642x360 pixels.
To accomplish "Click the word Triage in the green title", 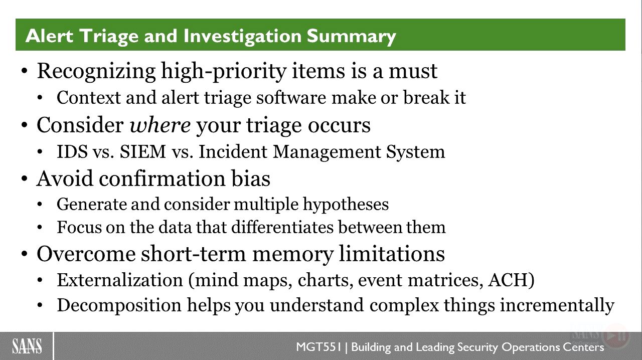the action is (x=109, y=37).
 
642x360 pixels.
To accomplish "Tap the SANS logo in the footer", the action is (x=27, y=346).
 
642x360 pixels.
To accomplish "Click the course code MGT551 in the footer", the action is (x=318, y=347).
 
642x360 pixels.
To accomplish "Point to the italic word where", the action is (x=160, y=125).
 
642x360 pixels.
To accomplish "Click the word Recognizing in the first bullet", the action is (x=96, y=71).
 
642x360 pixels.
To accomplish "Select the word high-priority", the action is (x=224, y=71).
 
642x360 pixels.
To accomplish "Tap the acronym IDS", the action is (x=72, y=151).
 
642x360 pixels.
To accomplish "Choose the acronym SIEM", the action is (x=143, y=151).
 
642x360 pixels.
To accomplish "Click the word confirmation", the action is (x=163, y=178).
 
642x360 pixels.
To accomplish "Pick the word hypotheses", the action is (x=346, y=205).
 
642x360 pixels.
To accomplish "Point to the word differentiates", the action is (x=282, y=227).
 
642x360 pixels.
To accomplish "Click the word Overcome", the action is (x=86, y=254).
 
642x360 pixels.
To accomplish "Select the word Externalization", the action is (x=120, y=280).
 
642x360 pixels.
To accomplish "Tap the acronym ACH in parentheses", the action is (x=511, y=280).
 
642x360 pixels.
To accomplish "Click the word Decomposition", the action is (x=119, y=305).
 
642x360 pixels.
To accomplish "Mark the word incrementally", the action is (x=557, y=305).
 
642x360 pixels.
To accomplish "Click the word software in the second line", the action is (x=291, y=97).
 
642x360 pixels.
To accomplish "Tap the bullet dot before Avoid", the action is (x=25, y=179).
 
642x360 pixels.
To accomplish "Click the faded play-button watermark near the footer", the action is (x=616, y=335).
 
